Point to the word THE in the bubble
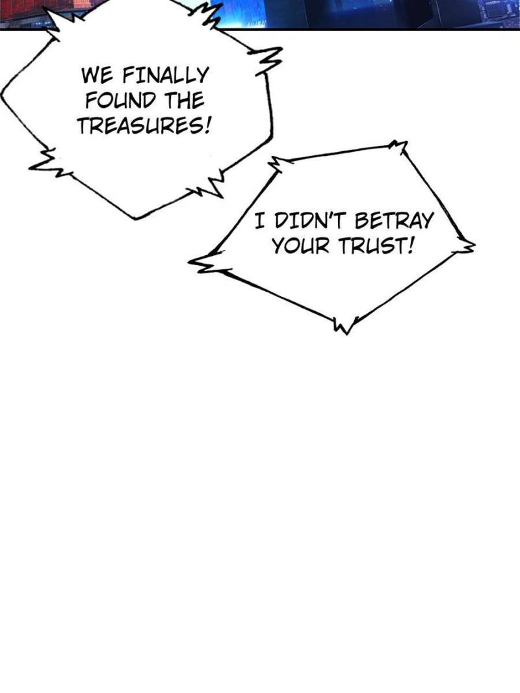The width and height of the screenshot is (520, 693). pos(183,101)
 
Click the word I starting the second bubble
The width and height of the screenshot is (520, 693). pos(259,221)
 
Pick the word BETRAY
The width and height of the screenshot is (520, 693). pos(395,221)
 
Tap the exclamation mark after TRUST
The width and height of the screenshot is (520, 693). pos(409,246)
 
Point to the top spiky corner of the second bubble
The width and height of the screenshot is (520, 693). pos(398,145)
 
